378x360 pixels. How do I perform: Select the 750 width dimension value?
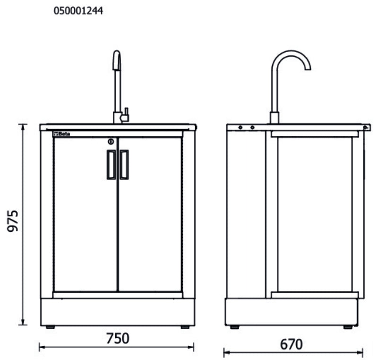pos(117,338)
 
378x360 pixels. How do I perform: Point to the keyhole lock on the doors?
pos(110,141)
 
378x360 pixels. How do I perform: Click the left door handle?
pos(111,165)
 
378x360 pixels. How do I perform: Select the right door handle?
pos(124,165)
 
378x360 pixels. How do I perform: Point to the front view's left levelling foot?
pos(50,327)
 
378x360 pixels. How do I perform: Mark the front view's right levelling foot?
pos(185,327)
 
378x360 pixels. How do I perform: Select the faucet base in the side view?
pos(274,118)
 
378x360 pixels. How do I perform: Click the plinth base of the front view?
pos(118,311)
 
